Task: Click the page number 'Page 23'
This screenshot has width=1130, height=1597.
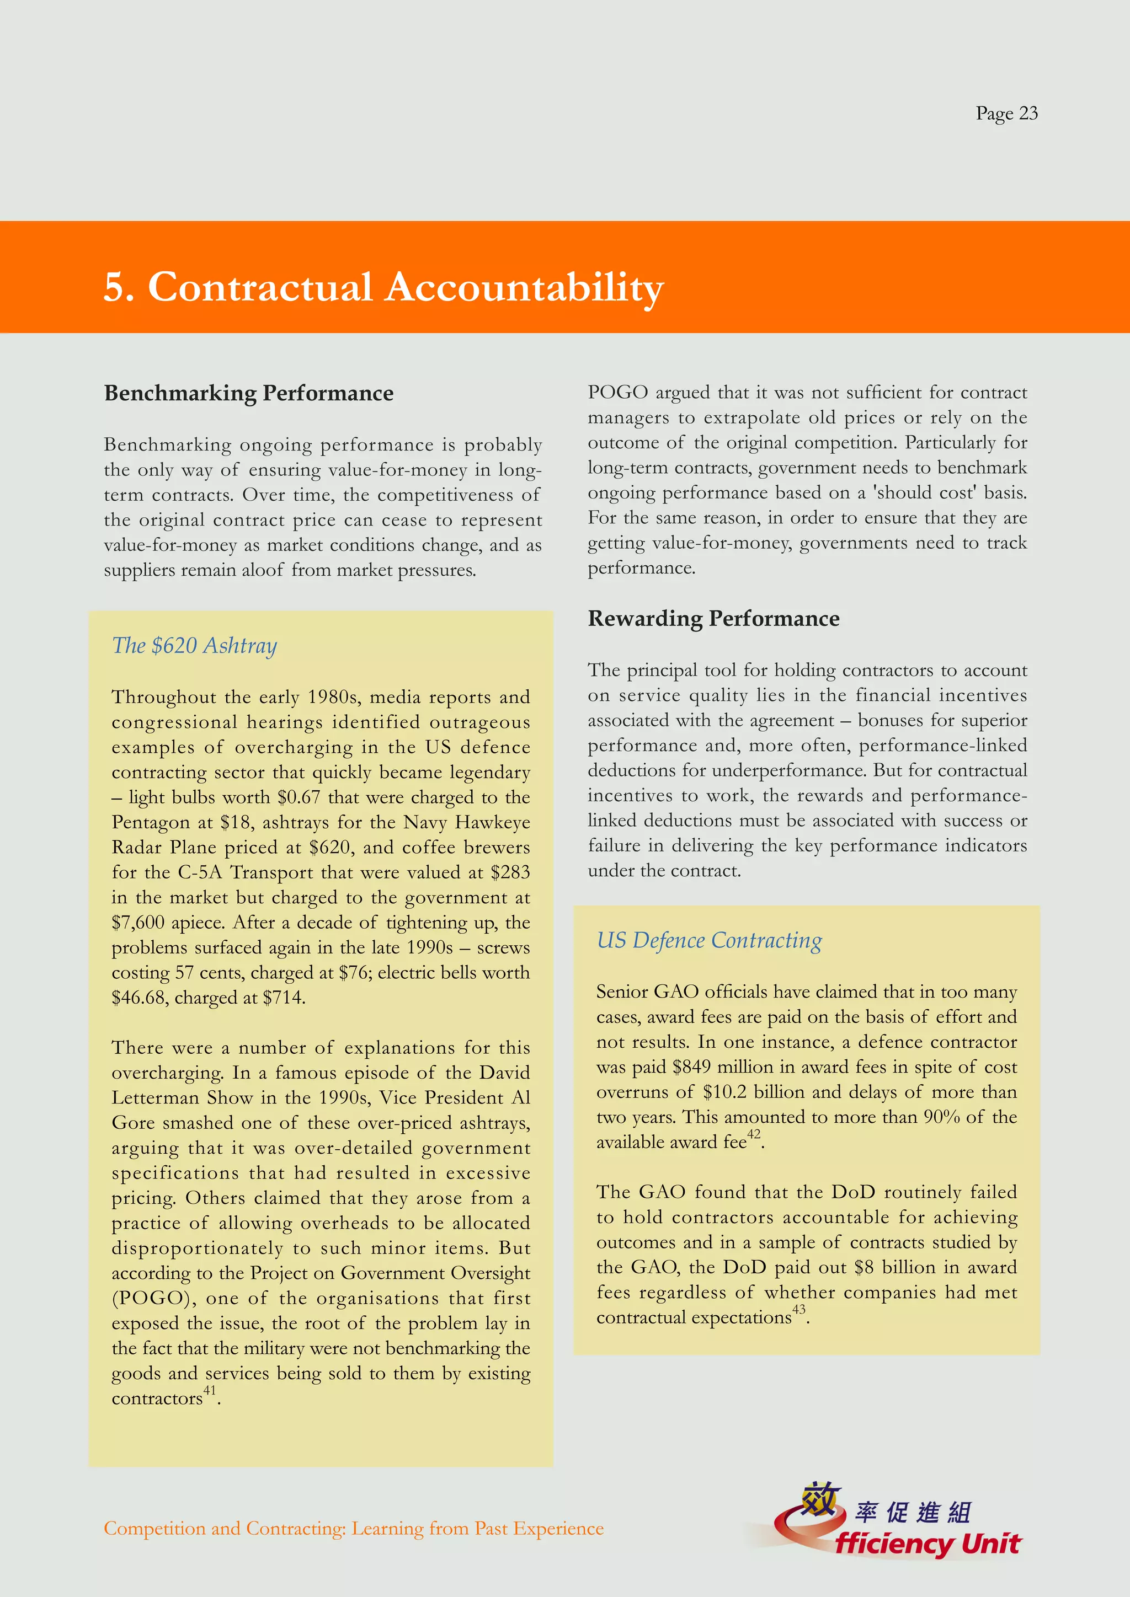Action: (x=1006, y=114)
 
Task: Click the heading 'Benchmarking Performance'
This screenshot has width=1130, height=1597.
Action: (x=248, y=393)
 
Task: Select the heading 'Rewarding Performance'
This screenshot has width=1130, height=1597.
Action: (x=713, y=618)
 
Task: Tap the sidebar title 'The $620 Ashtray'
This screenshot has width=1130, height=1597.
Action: (x=194, y=646)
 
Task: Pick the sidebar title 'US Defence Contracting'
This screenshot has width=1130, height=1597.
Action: (x=709, y=940)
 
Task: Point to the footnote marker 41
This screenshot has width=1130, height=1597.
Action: (x=210, y=1390)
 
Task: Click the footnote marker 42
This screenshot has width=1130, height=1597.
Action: (x=754, y=1134)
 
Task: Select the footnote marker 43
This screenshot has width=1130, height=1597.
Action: (x=799, y=1309)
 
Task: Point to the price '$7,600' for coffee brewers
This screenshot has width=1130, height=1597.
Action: (x=138, y=923)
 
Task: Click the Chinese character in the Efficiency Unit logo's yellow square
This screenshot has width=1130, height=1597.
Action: (x=818, y=1498)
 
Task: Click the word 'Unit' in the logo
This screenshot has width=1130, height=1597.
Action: (x=991, y=1544)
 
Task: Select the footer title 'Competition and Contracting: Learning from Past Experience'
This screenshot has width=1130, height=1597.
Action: (x=354, y=1528)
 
